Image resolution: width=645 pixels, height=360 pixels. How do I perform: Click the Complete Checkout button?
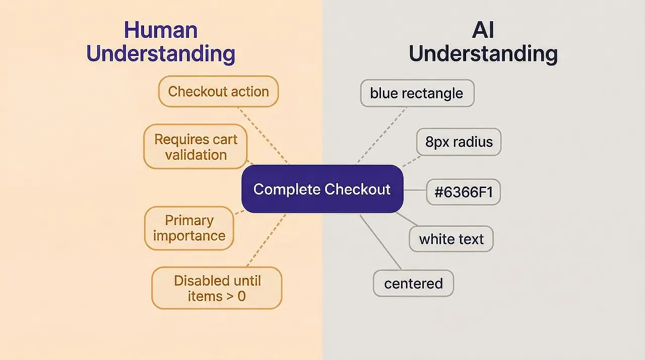[x=322, y=189]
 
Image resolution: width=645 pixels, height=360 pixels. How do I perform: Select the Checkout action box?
[x=218, y=92]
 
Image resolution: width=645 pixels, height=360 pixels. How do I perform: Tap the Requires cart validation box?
[x=196, y=147]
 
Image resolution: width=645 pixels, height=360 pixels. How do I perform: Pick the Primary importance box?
[x=189, y=228]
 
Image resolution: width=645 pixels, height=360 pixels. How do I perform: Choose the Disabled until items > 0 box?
[x=217, y=288]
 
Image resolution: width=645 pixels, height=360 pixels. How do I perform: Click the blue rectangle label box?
[x=417, y=93]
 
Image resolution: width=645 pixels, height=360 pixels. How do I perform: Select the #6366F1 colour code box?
[x=463, y=192]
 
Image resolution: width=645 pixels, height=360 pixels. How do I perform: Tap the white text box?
[x=451, y=239]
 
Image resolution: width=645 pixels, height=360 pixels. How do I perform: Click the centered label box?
[x=413, y=283]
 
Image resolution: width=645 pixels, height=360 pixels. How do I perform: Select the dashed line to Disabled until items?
[x=266, y=240]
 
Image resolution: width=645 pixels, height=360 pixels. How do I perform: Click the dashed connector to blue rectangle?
[x=381, y=135]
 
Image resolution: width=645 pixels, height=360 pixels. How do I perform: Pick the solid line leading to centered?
[x=381, y=242]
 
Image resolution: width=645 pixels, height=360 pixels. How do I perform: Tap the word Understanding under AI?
[x=483, y=54]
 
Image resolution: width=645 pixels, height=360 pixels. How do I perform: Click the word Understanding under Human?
[x=161, y=54]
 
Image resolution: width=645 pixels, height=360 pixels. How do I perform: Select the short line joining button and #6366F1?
[x=415, y=191]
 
